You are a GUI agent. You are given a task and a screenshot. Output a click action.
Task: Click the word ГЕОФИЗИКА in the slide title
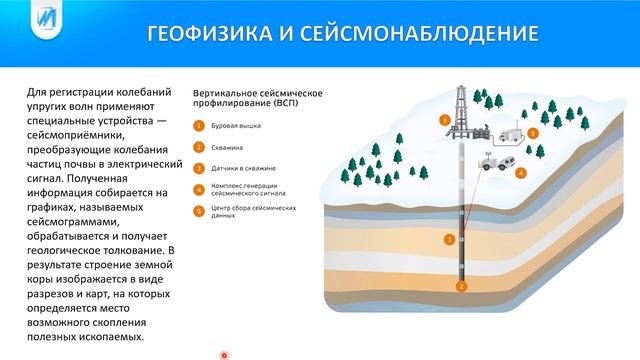coord(213,35)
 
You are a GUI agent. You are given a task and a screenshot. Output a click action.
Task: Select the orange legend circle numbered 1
coord(199,126)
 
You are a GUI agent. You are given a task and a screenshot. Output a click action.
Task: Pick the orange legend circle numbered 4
coord(199,189)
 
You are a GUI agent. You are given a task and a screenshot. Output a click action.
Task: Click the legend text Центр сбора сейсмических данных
coord(259,213)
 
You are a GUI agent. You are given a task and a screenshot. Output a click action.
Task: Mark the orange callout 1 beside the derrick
coord(442,120)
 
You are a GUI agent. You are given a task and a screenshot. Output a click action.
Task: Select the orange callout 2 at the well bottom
coord(462,286)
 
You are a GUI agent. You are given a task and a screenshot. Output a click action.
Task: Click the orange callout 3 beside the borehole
coord(450,240)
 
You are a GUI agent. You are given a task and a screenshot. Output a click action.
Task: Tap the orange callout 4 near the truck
coord(521,172)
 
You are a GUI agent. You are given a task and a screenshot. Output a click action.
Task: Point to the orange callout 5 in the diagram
coord(533,132)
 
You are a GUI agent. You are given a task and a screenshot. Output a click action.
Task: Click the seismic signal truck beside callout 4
coord(496,159)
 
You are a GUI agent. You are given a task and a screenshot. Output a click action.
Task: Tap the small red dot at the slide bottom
coord(225,354)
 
